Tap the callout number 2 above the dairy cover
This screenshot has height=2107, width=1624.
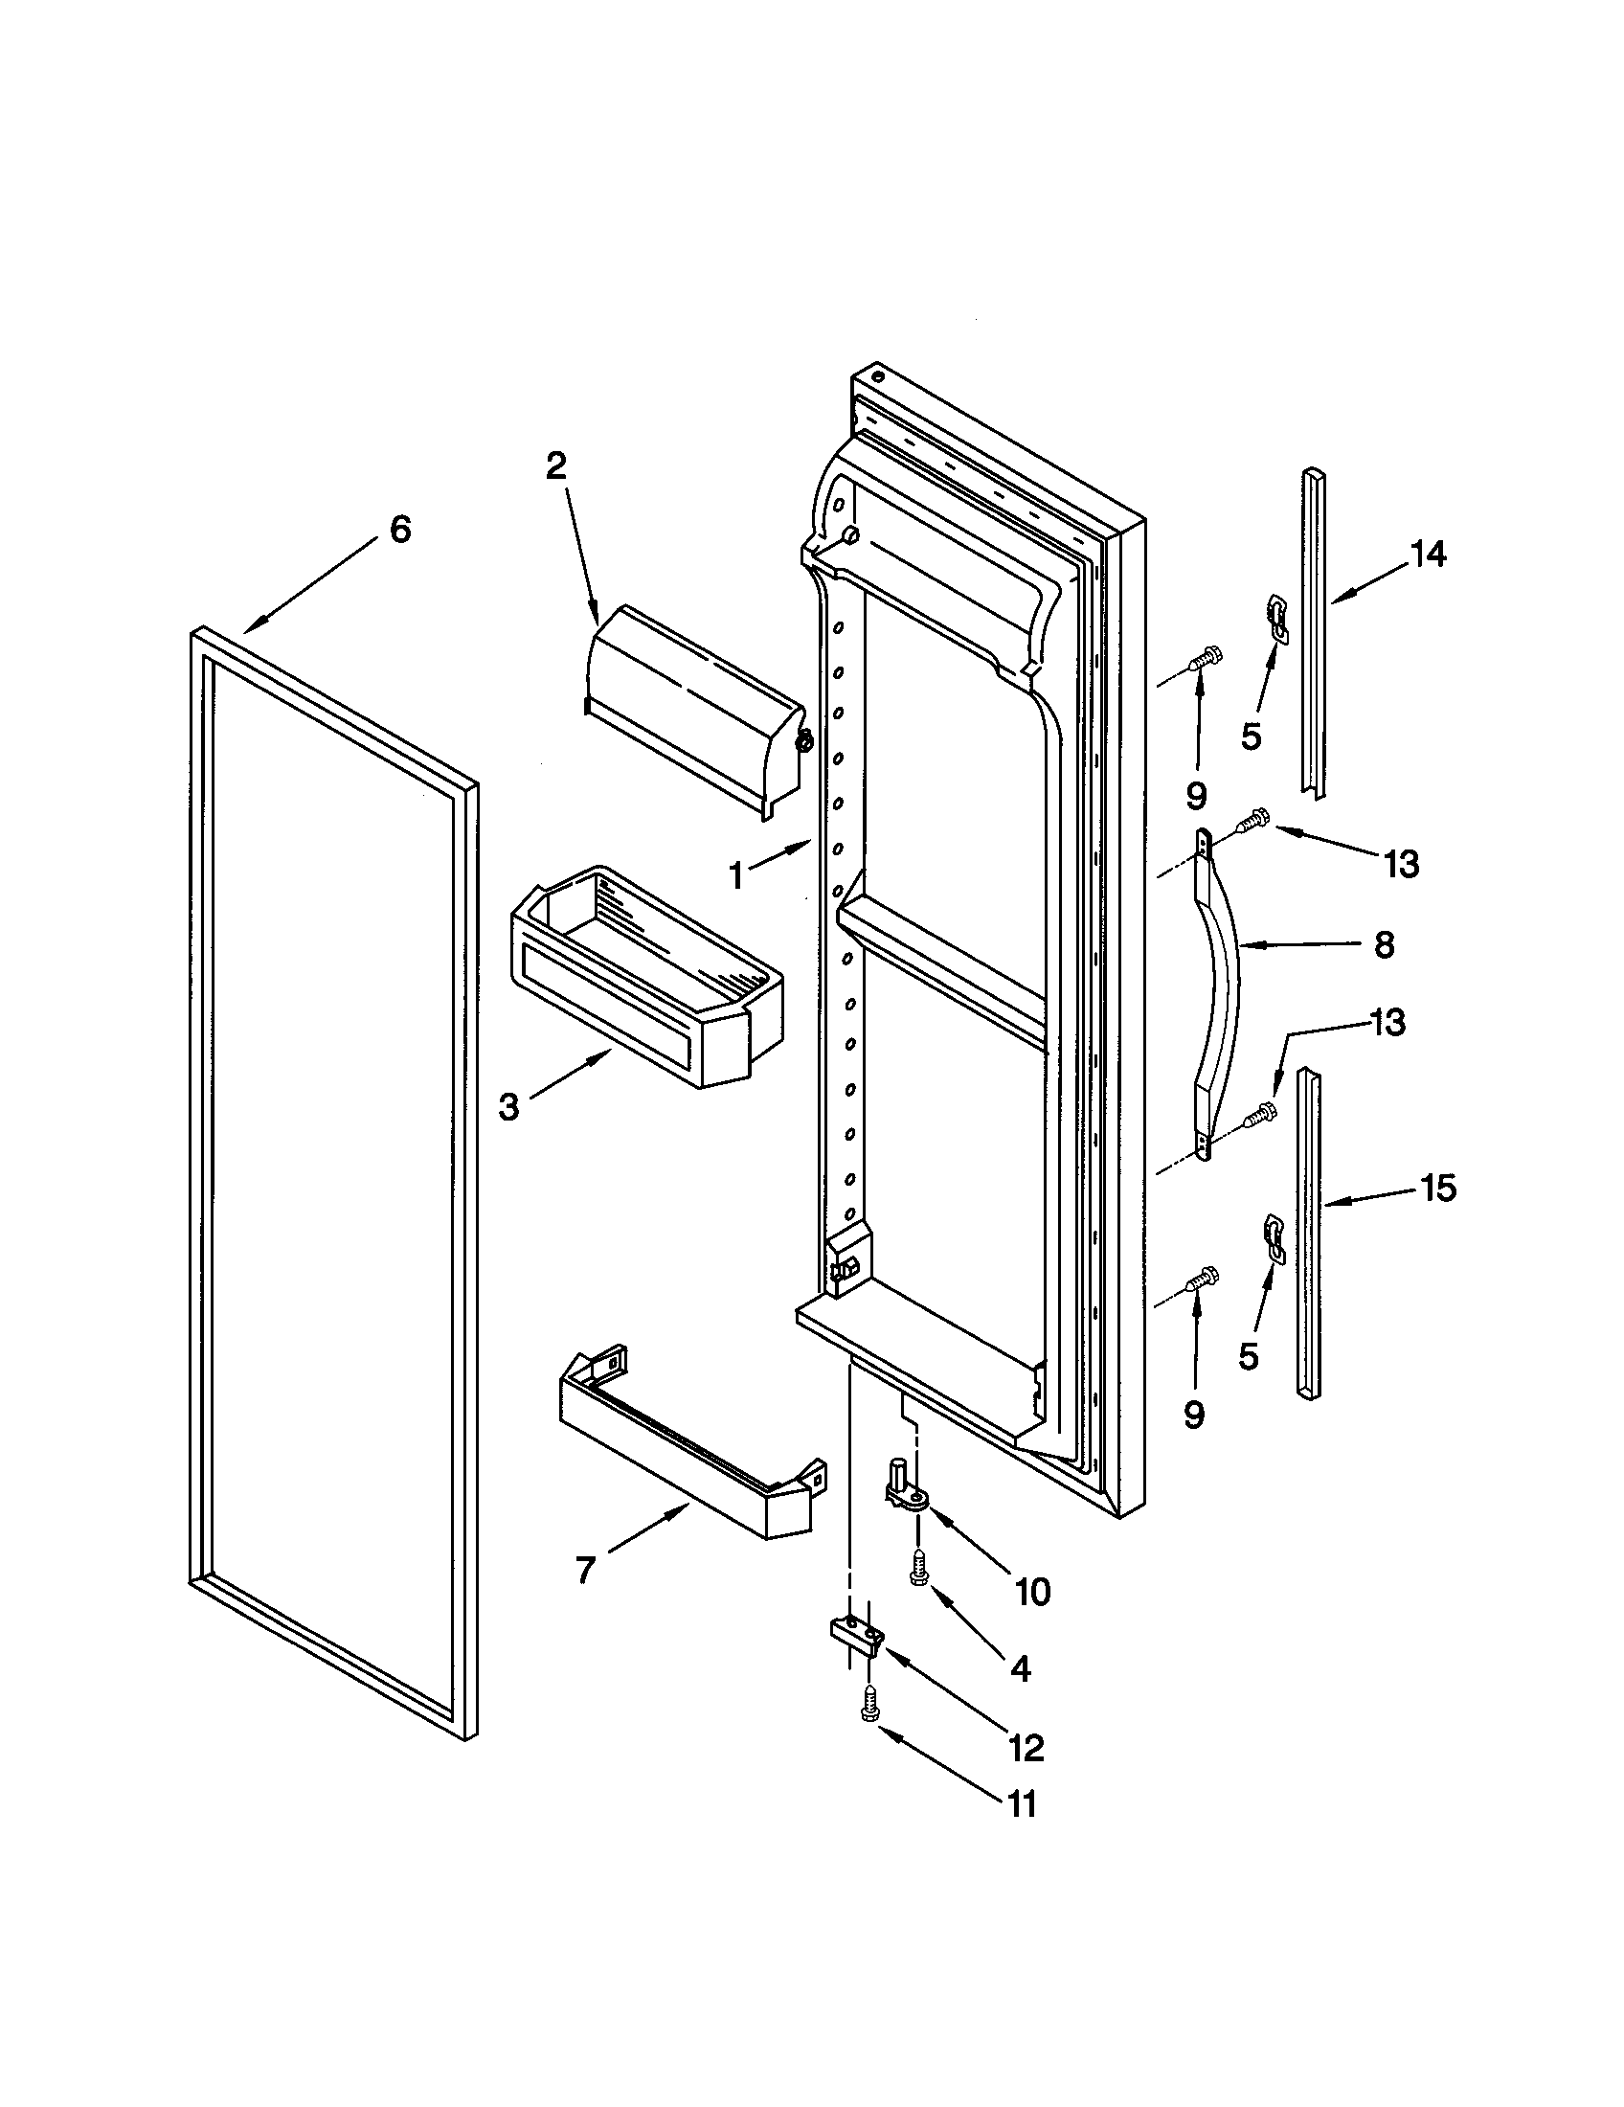(x=556, y=467)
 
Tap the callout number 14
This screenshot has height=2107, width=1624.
(x=1429, y=555)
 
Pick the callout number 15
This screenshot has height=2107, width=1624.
(x=1438, y=1189)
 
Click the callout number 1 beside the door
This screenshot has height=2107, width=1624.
(x=736, y=876)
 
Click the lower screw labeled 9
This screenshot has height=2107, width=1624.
(x=1200, y=1280)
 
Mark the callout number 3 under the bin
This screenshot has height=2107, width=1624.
(x=509, y=1107)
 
